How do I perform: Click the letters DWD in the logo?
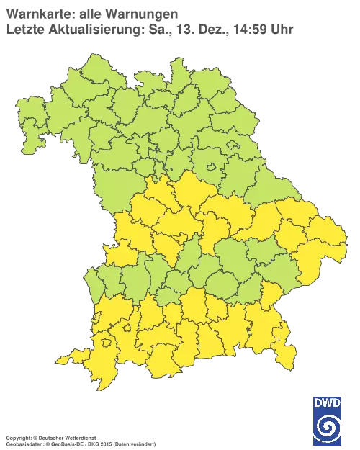326,402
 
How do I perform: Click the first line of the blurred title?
91,14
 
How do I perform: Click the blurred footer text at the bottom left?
79,438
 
